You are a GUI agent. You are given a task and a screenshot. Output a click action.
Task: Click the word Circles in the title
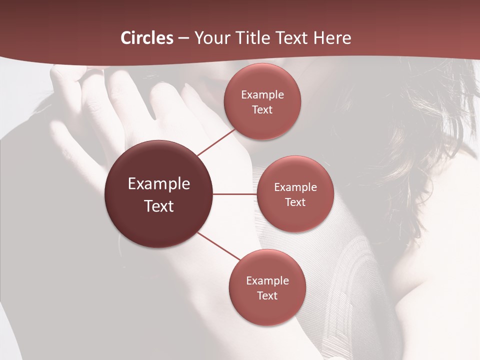(146, 38)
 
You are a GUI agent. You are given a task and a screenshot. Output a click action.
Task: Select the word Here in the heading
(332, 38)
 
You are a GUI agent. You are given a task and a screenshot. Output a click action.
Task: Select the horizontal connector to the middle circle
(234, 194)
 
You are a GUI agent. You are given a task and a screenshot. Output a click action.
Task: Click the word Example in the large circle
(159, 184)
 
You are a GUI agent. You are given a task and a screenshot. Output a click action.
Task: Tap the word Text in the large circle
(159, 206)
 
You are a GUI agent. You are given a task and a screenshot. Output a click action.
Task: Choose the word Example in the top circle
(262, 95)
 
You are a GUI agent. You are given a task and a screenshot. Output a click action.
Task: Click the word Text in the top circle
(262, 109)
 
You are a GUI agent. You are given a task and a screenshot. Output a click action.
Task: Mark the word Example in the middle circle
(295, 187)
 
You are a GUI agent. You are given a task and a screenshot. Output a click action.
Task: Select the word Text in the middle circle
(295, 202)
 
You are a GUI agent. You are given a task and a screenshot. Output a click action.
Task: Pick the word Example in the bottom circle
(267, 281)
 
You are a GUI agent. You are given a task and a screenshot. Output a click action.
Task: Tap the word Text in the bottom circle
(267, 295)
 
